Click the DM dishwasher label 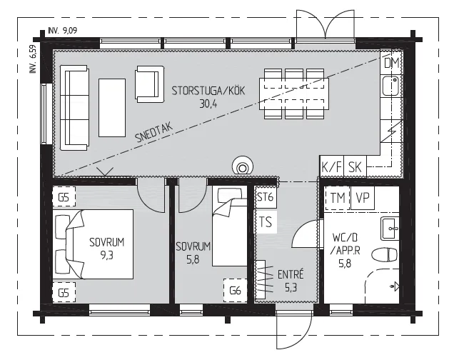click(x=391, y=63)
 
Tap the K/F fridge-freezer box click(x=332, y=166)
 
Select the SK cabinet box click(x=355, y=166)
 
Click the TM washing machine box click(x=338, y=198)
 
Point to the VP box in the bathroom click(x=363, y=198)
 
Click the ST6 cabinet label click(x=265, y=197)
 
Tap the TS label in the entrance click(x=266, y=221)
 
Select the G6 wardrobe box click(x=236, y=291)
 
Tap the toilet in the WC click(x=384, y=255)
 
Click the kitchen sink click(x=390, y=86)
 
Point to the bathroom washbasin click(x=390, y=229)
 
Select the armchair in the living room click(x=150, y=84)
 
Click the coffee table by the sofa click(x=112, y=108)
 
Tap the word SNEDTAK click(x=153, y=133)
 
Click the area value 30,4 click(x=208, y=104)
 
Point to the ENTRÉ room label click(x=291, y=275)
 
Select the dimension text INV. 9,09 click(x=63, y=31)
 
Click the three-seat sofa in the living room click(x=74, y=108)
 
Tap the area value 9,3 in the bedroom click(x=106, y=255)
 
